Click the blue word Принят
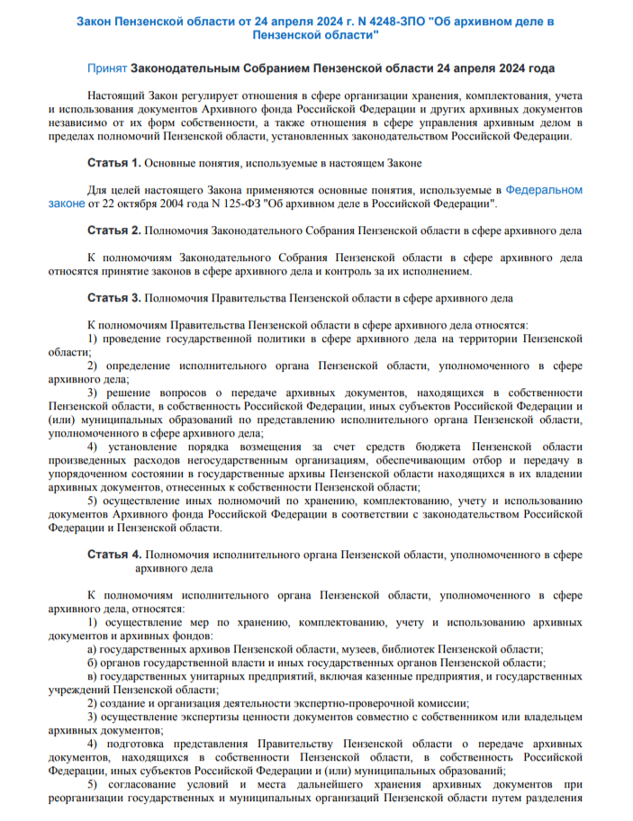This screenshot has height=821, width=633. click(x=106, y=68)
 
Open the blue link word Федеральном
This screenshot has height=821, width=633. click(x=544, y=190)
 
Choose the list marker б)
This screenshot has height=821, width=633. click(x=93, y=663)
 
